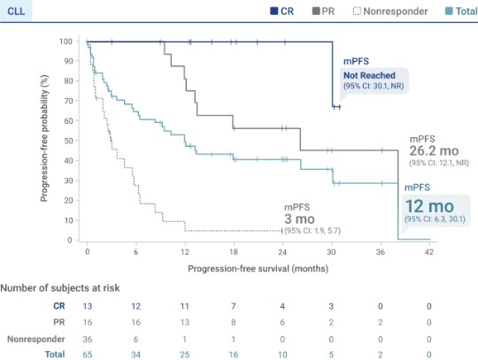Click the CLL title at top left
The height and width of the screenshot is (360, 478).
pyautogui.click(x=15, y=11)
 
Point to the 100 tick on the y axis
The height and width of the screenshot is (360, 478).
pyautogui.click(x=66, y=42)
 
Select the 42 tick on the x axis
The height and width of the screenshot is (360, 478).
pyautogui.click(x=429, y=252)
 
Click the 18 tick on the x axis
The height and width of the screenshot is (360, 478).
pyautogui.click(x=234, y=252)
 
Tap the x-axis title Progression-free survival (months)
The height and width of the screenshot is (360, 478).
pyautogui.click(x=257, y=266)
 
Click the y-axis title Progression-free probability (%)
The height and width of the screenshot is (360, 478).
pyautogui.click(x=43, y=140)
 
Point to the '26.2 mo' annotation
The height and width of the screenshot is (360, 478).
pyautogui.click(x=435, y=152)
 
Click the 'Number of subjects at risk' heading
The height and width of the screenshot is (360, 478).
pyautogui.click(x=59, y=288)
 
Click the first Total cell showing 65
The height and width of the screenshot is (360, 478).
pyautogui.click(x=87, y=353)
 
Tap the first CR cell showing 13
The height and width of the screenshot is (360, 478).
pyautogui.click(x=87, y=305)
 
